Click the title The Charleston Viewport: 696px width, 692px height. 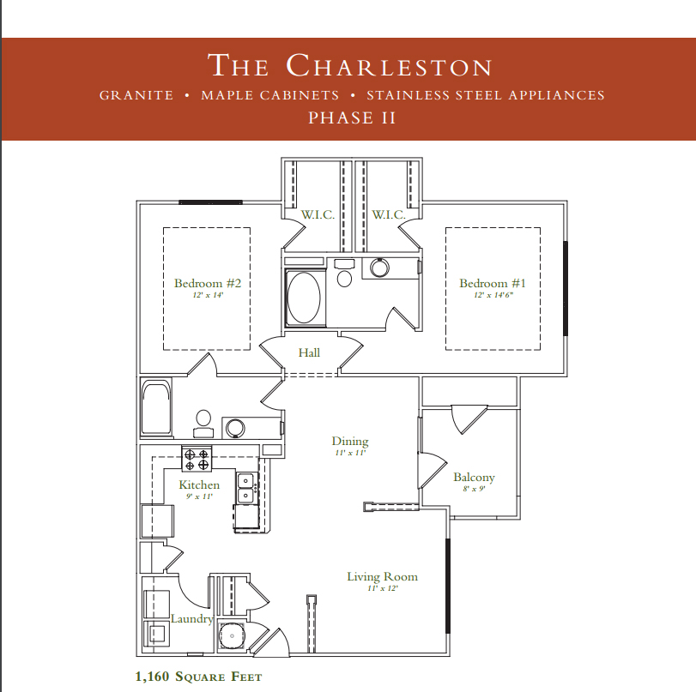350,66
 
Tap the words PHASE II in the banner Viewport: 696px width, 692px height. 352,118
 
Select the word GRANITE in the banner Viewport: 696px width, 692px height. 136,95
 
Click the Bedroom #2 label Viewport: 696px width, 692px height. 208,283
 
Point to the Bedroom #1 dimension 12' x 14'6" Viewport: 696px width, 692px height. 493,295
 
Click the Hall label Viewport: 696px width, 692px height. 309,352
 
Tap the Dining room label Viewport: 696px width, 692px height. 350,441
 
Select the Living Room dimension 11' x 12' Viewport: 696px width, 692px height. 383,588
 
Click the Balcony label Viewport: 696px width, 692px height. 474,478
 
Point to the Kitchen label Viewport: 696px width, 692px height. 199,484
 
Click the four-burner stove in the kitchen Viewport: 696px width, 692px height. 197,459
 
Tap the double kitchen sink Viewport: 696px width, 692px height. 246,488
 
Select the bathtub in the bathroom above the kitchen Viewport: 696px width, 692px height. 156,408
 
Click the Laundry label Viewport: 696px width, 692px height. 191,619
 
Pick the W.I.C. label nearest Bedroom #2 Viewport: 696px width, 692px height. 318,214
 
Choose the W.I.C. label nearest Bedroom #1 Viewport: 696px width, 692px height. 389,214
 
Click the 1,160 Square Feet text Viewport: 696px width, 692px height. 198,677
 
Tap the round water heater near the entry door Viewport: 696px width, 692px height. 231,635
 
